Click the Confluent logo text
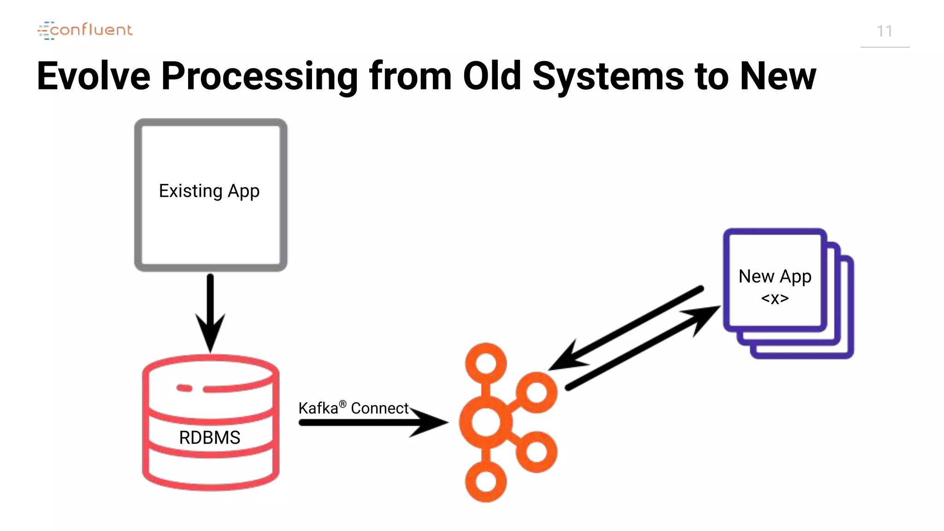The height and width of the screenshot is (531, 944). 91,30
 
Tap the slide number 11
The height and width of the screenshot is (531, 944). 884,31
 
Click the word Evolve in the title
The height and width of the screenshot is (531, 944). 94,76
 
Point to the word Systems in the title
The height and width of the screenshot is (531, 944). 608,76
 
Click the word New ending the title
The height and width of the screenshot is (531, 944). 778,76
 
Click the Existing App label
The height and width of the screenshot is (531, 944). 209,191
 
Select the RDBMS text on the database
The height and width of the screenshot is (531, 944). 210,437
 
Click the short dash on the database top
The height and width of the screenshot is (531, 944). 184,388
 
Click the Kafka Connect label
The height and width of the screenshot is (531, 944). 353,408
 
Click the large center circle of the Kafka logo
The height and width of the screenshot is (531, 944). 485,422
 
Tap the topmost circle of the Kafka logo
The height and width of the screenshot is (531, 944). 486,363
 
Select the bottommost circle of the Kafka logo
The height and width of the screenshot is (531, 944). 486,482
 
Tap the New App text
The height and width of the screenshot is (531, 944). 775,277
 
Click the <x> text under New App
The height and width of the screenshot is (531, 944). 775,299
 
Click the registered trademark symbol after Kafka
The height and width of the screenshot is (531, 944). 342,404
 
